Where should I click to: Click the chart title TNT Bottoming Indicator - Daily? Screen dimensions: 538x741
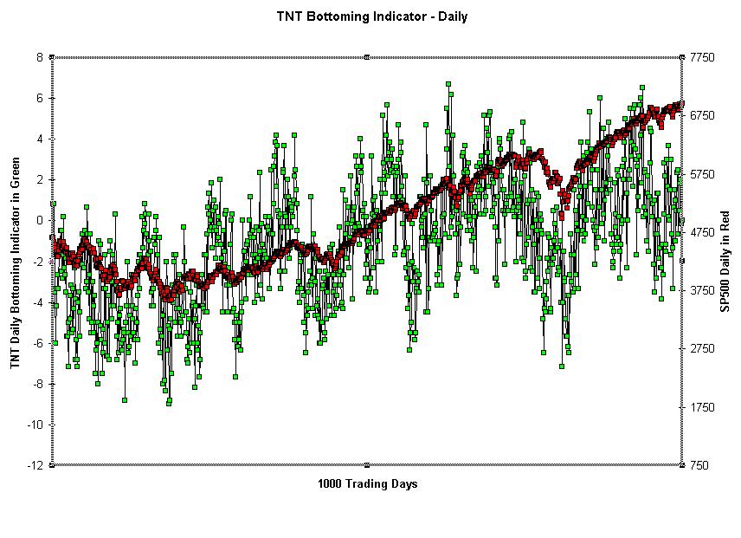pos(371,16)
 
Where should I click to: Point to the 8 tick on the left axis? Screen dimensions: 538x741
pos(40,57)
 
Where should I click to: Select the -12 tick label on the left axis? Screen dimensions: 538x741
pos(35,465)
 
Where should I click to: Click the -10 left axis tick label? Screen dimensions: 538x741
pos(35,425)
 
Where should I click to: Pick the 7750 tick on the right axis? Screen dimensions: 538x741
pos(702,57)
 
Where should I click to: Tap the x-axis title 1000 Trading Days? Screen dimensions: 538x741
pos(367,483)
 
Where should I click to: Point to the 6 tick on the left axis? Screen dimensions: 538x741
pos(40,98)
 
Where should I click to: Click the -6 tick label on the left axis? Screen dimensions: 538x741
pos(37,343)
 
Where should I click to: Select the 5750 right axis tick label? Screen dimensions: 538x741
pos(702,174)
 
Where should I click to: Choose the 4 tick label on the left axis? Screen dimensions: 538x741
pos(40,139)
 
